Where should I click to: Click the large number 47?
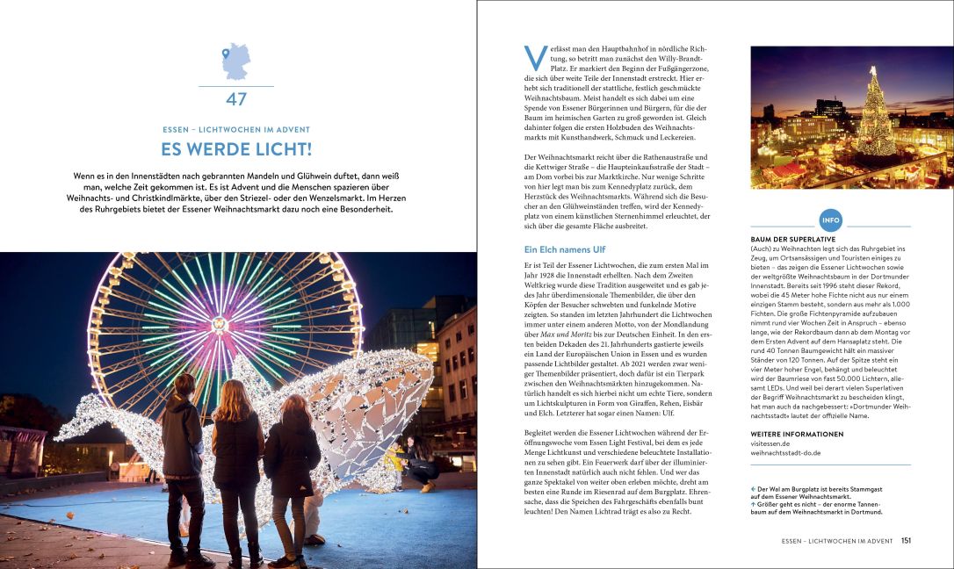(236, 99)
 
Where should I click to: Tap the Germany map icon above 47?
(235, 61)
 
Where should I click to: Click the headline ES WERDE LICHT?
(236, 149)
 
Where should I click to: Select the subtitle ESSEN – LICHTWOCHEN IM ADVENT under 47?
(236, 129)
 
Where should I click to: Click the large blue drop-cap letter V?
(535, 58)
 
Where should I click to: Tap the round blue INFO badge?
(830, 220)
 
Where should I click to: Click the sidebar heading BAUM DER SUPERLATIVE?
(792, 239)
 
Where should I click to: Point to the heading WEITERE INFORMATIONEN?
(797, 434)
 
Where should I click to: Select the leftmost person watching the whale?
(182, 457)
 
